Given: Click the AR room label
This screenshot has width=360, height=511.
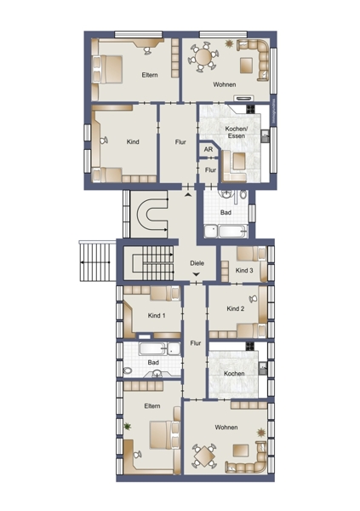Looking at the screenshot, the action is coord(209,150).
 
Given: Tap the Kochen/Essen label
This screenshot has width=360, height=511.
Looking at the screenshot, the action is coord(237,132).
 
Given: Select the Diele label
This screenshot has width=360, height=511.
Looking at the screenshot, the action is coord(197,263).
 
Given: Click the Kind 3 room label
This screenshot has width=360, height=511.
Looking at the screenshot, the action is coord(244,270).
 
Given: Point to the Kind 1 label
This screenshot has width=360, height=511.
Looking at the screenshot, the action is coord(157,315).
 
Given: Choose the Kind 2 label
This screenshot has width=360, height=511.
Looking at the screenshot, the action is coord(236,308).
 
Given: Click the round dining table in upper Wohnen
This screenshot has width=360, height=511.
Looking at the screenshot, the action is coord(203,57).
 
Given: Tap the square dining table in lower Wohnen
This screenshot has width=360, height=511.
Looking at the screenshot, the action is coord(203,456).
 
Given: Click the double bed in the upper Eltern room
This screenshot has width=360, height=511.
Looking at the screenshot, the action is coord(108,70).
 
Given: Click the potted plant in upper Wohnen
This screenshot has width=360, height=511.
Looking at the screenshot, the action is coord(230,43).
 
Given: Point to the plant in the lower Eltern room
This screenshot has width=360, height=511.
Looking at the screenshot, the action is coord(128,426).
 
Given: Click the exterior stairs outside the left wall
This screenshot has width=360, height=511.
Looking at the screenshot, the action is coord(97,261).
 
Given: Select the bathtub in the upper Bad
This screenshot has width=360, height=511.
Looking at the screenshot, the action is coord(233,232).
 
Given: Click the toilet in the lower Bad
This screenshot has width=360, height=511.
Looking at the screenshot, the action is coord(128,370).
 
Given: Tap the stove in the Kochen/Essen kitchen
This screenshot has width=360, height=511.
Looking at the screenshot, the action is coord(250,108).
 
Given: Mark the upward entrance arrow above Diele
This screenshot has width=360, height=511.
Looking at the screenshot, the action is coord(188,195).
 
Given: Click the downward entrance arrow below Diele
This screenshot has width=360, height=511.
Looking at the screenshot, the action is coord(196,274).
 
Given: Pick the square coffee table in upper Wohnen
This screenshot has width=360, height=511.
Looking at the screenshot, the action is coord(246,66).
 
